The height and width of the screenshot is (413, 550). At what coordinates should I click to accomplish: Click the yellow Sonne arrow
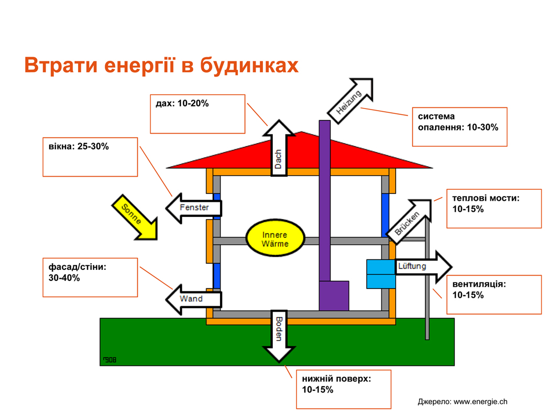135,218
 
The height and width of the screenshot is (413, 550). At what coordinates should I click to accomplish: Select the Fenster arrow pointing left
194,208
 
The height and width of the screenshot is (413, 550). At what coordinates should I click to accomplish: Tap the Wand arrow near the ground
193,299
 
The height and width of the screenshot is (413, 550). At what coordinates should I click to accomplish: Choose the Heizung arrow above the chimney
350,101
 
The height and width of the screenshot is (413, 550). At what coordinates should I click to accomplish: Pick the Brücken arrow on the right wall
409,221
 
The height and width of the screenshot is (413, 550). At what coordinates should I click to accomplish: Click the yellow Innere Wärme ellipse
275,239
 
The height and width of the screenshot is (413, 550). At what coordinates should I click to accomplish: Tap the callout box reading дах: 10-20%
197,114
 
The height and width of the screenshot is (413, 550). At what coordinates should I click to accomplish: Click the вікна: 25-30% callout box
90,157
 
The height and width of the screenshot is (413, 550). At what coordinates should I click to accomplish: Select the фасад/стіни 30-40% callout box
90,277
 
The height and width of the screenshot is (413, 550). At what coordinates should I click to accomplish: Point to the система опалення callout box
459,127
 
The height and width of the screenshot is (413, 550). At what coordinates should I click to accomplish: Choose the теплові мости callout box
493,209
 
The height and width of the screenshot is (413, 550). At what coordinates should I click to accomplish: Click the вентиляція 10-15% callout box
493,295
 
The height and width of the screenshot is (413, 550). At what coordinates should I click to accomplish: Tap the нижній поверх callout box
343,389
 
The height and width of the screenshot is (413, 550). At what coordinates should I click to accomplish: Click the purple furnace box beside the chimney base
334,296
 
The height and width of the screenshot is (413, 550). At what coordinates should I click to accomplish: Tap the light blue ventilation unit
381,274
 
